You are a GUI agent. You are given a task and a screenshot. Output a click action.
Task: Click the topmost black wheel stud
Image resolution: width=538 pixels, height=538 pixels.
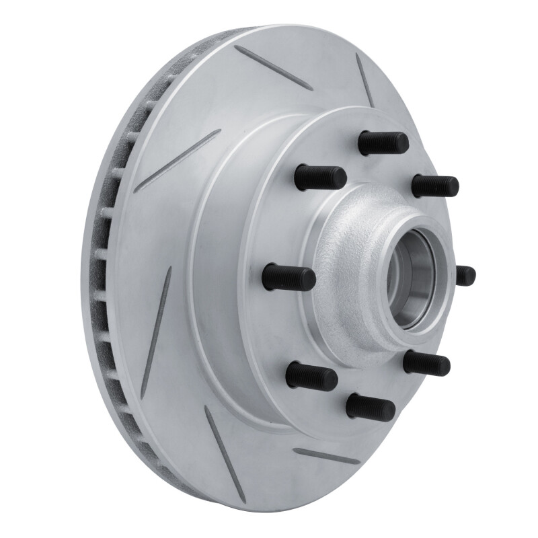(383, 143)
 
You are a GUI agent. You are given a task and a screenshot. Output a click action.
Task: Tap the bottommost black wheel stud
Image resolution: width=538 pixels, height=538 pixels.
(371, 407)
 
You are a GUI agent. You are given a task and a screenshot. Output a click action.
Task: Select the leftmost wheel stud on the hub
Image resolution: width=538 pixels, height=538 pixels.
(289, 278)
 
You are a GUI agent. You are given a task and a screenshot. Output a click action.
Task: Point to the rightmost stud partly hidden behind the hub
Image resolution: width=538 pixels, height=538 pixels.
(465, 275)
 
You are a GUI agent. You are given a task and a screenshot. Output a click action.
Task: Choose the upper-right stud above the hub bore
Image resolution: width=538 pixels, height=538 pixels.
(435, 186)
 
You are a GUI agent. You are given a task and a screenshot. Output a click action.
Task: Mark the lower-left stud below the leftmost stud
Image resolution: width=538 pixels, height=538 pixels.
(311, 376)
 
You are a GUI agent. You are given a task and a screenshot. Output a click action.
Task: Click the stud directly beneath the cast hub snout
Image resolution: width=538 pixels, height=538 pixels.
(426, 363)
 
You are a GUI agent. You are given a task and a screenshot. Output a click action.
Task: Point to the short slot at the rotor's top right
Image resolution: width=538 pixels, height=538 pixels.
(365, 80)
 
